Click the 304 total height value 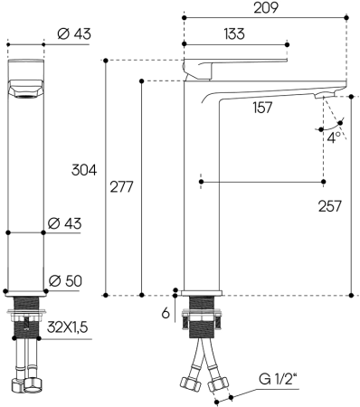(x=83, y=171)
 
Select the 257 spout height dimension (x=329, y=206)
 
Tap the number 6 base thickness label (x=166, y=312)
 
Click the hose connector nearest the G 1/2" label (x=216, y=387)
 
